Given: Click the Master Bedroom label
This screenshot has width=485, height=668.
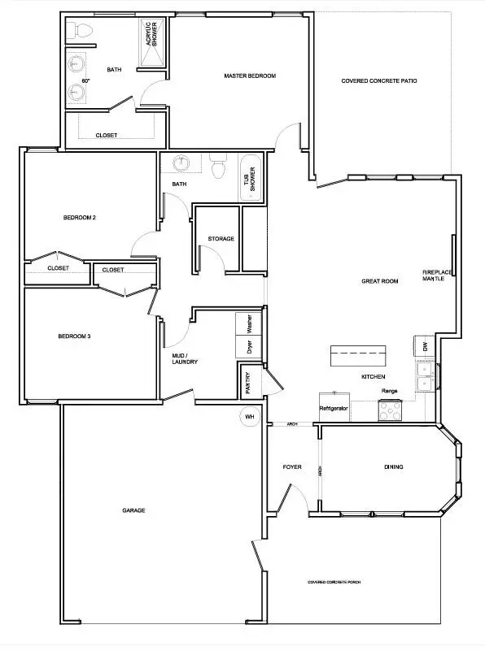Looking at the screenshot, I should [x=250, y=76].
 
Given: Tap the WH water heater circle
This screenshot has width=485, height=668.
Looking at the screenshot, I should [x=248, y=417].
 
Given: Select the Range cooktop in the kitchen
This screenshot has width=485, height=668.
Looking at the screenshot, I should [x=390, y=411].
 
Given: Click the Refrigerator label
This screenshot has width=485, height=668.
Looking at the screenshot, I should [x=334, y=407].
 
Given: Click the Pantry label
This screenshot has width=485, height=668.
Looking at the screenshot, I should [x=248, y=383].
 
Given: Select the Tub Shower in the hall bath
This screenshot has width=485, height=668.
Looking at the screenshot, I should [x=251, y=179].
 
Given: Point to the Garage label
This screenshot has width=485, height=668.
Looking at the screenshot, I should [x=133, y=510].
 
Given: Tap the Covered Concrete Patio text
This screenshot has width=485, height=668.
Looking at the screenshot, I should [x=379, y=80].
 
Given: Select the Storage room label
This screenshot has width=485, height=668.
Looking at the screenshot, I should [x=221, y=239].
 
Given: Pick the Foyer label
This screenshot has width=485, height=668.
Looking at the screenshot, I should [x=292, y=467].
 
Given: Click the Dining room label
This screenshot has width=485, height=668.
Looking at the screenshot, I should [x=394, y=467].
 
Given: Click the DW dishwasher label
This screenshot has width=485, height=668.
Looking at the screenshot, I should [x=425, y=346].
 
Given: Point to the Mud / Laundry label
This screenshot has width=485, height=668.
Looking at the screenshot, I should [x=186, y=358].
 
